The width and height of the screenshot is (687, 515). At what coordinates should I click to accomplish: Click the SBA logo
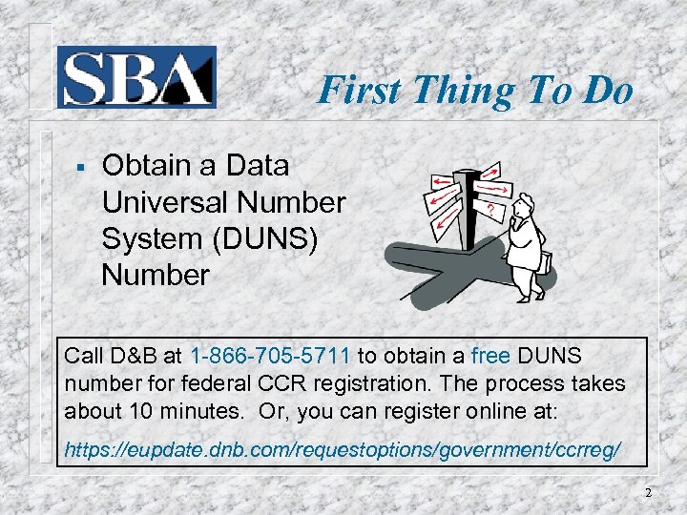(136, 76)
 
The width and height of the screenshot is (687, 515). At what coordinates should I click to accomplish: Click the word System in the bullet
(156, 238)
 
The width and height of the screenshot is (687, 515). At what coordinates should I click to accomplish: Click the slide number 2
(648, 493)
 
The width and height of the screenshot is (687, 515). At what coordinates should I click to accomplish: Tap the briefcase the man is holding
(545, 259)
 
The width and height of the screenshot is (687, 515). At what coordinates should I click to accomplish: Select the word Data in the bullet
(258, 166)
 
